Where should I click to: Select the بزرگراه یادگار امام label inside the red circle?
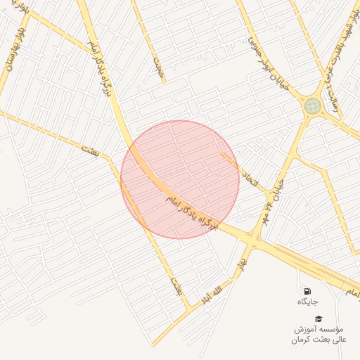tap(191, 212)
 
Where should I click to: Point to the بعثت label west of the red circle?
tap(91, 149)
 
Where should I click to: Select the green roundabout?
tap(313, 105)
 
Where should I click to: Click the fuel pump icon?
tap(307, 290)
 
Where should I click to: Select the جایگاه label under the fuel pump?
tap(307, 301)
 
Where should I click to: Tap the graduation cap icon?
tap(318, 319)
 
